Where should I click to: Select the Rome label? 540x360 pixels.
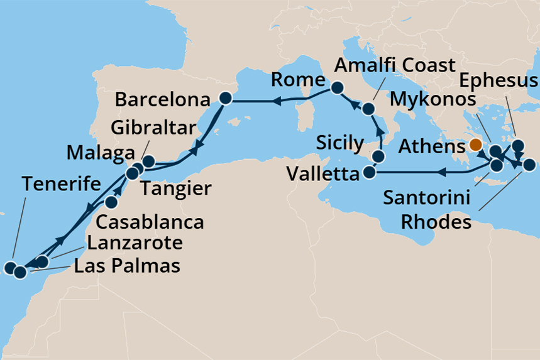tap(298, 80)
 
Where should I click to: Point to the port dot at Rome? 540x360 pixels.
tap(338, 88)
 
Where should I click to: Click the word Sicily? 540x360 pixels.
tap(340, 143)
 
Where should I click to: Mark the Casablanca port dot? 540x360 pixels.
tap(112, 202)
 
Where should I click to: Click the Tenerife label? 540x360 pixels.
tap(61, 185)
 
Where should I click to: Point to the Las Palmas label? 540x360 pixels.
tap(127, 265)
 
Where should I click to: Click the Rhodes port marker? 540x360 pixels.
tap(529, 165)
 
